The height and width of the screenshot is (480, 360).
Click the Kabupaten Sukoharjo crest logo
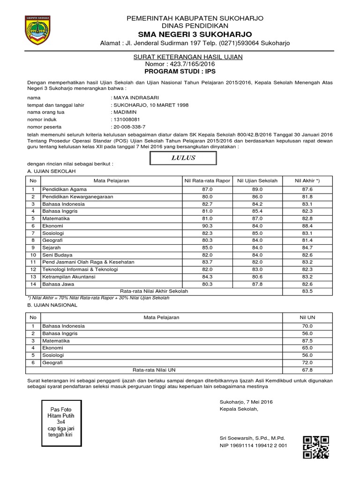[x=38, y=30]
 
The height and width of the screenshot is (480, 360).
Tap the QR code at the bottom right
[x=315, y=447]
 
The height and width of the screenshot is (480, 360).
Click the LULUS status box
[x=183, y=158]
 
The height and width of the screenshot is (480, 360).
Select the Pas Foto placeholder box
[x=62, y=421]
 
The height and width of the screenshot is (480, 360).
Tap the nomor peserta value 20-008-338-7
[x=129, y=127]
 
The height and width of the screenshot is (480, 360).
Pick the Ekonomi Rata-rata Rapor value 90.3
[x=207, y=225]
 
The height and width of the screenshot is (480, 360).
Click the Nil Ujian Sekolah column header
[x=257, y=180]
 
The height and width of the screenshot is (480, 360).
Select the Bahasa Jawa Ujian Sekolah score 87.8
[x=257, y=284]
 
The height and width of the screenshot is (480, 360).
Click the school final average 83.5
[x=307, y=291]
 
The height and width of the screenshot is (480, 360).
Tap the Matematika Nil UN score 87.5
[x=307, y=341]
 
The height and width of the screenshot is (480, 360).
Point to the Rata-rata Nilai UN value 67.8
[x=307, y=369]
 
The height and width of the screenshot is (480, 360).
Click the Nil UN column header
[x=307, y=317]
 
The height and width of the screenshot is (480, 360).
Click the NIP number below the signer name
[x=254, y=445]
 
